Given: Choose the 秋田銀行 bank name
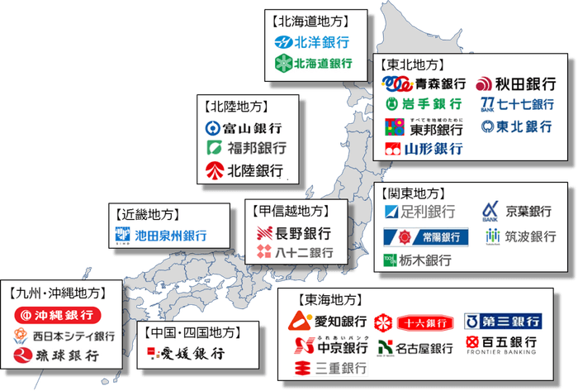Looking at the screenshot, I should (x=526, y=83).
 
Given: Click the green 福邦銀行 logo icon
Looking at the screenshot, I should (x=214, y=150).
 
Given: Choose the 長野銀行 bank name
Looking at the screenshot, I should (x=302, y=233).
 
